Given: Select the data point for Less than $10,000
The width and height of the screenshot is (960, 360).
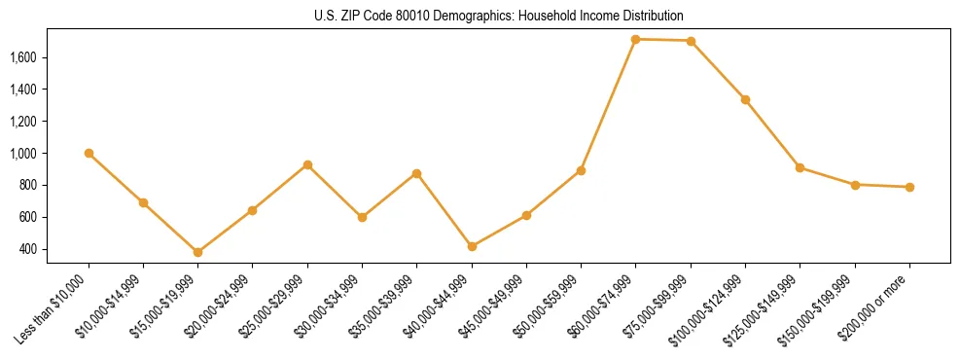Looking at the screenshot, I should (89, 153).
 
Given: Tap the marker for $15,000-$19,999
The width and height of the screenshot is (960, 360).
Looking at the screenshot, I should (198, 252).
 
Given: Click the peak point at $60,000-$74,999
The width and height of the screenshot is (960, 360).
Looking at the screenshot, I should (635, 39).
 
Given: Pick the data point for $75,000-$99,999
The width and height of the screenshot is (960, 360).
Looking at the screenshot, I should (691, 41).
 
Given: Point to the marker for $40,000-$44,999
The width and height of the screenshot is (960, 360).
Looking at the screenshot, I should (472, 246).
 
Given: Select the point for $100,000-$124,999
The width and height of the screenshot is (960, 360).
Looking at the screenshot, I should (745, 99).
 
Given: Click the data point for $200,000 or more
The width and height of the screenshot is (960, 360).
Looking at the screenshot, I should (909, 187).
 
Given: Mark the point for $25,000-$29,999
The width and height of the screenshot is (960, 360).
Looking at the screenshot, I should (307, 164).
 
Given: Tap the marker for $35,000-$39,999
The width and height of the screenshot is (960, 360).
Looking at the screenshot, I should (417, 173).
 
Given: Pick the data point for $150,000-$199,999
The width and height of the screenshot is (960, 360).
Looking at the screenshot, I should (855, 184).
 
